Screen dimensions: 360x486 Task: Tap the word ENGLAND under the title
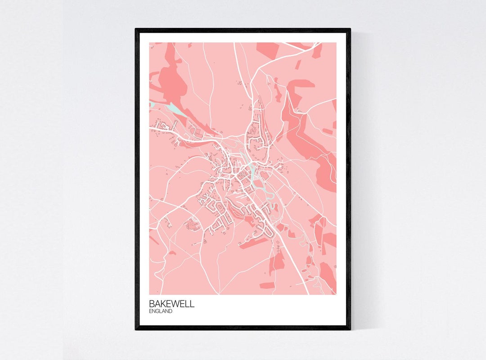pyautogui.click(x=161, y=311)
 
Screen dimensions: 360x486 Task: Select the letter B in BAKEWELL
pyautogui.click(x=152, y=304)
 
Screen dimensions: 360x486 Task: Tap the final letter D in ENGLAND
pyautogui.click(x=171, y=311)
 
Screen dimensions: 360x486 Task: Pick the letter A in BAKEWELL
pyautogui.click(x=158, y=304)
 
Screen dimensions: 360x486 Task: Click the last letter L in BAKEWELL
pyautogui.click(x=192, y=304)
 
